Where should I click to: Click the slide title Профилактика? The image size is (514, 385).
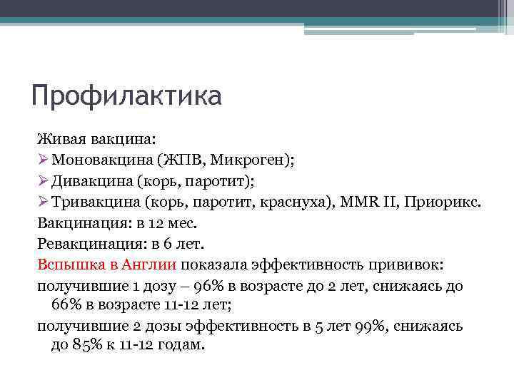tap(126, 95)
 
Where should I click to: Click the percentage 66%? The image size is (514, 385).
tap(66, 305)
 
